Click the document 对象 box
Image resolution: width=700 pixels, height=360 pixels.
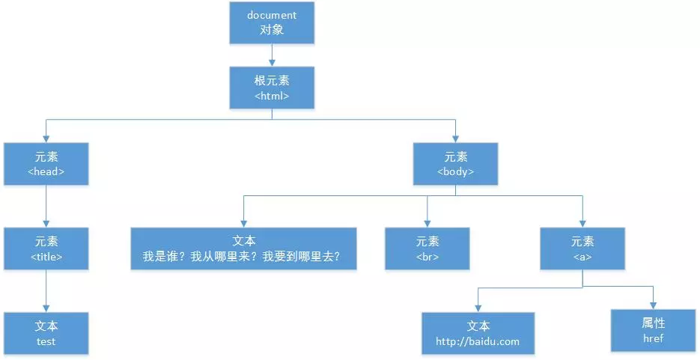272,23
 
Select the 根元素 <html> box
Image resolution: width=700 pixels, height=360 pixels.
272,88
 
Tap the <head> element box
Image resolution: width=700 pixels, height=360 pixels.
46,164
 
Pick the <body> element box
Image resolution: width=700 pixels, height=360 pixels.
455,164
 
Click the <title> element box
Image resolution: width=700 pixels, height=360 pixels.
46,248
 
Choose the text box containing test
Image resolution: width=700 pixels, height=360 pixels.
46,333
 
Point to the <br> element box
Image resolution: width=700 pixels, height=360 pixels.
427,248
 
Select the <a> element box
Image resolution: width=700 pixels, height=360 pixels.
582,248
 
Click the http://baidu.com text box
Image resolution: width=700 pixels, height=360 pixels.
478,333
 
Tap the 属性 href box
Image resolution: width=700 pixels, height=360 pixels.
653,330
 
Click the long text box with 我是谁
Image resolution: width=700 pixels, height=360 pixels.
244,248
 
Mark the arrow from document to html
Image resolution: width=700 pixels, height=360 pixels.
272,55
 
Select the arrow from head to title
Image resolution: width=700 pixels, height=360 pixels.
46,206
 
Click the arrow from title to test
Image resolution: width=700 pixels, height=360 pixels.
46,290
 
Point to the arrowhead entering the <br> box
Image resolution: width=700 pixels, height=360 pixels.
427,223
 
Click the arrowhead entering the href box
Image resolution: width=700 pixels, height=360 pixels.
653,304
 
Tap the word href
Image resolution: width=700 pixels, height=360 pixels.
653,338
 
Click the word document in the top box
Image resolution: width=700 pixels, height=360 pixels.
272,15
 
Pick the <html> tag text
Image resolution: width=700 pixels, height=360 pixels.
272,96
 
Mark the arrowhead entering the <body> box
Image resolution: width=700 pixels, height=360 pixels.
455,138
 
